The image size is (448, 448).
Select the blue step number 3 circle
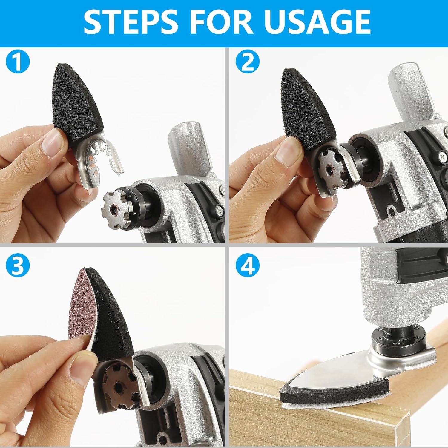click(18, 265)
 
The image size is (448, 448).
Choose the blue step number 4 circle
click(248, 265)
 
